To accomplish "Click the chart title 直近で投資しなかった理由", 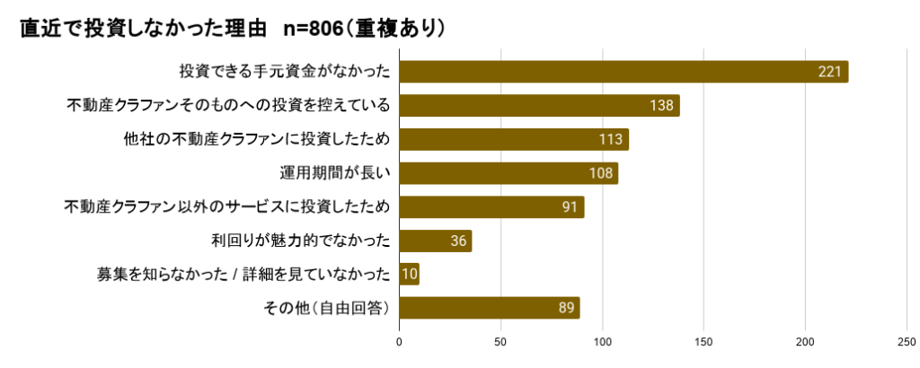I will coord(143,29).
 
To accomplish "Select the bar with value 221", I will coord(623,72).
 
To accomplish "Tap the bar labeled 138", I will coord(539,106).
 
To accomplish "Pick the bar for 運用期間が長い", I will coord(508,173).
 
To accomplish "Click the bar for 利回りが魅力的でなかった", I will coord(435,241).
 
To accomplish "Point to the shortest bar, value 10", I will coord(409,275).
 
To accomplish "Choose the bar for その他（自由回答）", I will coord(489,308).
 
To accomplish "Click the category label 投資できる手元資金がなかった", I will coord(284,72).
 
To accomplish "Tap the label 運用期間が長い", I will coord(336,173).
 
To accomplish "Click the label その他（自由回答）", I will coord(325,308).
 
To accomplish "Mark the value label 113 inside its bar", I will coord(612,140).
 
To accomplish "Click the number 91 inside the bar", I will coord(569,207).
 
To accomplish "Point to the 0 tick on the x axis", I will coord(399,342).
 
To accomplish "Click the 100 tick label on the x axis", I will coord(602,342).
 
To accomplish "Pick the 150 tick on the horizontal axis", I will coord(703,342).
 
